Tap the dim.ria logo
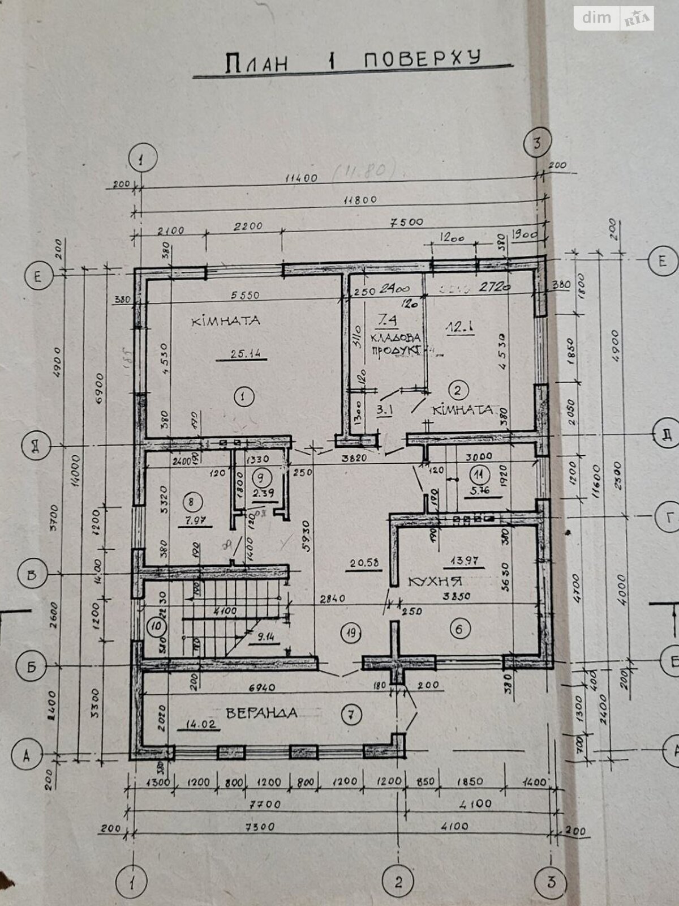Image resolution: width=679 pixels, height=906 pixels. (x=614, y=18)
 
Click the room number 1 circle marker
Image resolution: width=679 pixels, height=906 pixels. (x=243, y=397)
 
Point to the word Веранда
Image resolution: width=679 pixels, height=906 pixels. (x=261, y=713)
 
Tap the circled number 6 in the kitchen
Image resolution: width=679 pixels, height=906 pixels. (x=459, y=629)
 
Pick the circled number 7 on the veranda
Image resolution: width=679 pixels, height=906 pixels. (x=351, y=716)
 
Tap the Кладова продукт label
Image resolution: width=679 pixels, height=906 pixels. (x=396, y=343)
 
